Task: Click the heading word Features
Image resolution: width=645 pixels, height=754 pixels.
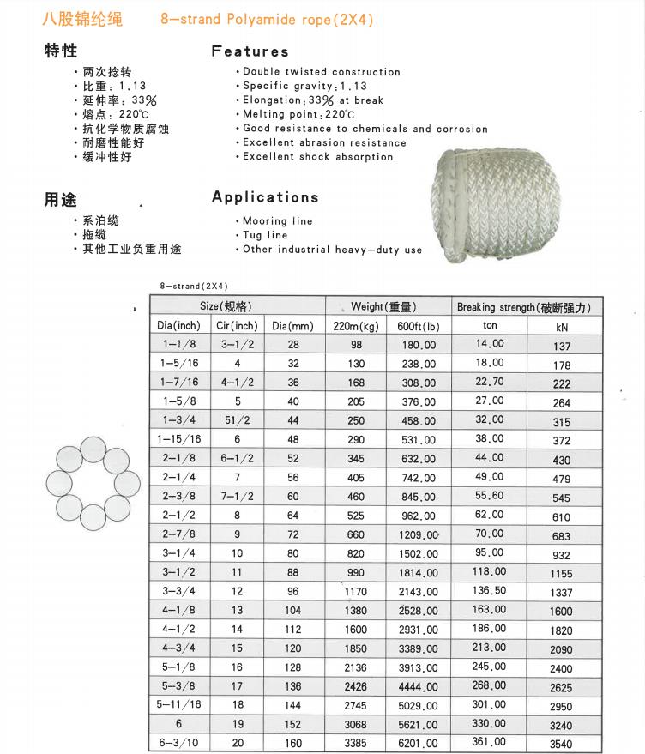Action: tap(250, 51)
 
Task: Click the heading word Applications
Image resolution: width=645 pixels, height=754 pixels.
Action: tap(265, 197)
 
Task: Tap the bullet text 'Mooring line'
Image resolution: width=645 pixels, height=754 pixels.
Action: tap(277, 221)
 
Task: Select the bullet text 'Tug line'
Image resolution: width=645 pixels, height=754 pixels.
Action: tap(265, 235)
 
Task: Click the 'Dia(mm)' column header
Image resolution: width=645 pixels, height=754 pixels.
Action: tap(292, 326)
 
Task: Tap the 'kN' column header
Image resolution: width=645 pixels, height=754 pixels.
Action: tap(562, 327)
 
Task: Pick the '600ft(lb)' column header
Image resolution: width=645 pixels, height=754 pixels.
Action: tap(419, 326)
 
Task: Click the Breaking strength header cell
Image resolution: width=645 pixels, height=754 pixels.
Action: tap(524, 307)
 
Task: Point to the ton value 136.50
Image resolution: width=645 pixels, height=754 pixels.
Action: tap(490, 590)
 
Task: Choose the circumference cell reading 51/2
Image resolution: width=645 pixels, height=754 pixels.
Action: tap(238, 420)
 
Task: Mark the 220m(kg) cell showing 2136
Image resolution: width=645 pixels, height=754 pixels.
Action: tap(356, 667)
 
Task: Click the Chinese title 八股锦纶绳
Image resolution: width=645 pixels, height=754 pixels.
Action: tap(83, 19)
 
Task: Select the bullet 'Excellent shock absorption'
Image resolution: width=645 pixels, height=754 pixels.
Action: tap(318, 157)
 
